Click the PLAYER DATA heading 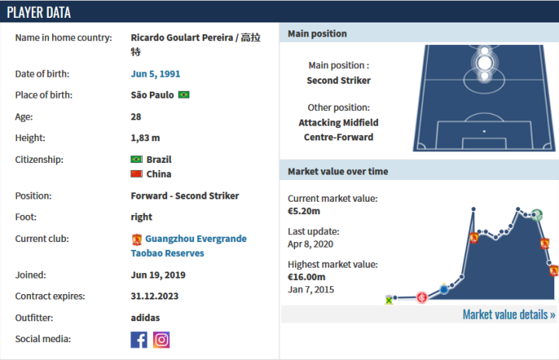[x=39, y=12]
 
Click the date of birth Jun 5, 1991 [x=155, y=74]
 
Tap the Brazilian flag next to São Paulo [x=183, y=95]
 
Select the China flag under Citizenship [x=137, y=174]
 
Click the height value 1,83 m [x=145, y=137]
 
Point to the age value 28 [x=136, y=116]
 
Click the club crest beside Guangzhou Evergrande [x=137, y=240]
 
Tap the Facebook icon [x=139, y=339]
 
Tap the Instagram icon [x=161, y=339]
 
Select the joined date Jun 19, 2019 [x=158, y=275]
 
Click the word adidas [x=145, y=317]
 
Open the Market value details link [x=509, y=314]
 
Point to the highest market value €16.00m [x=307, y=276]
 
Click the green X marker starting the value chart [x=389, y=299]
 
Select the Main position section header [x=318, y=33]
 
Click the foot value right [x=141, y=216]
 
